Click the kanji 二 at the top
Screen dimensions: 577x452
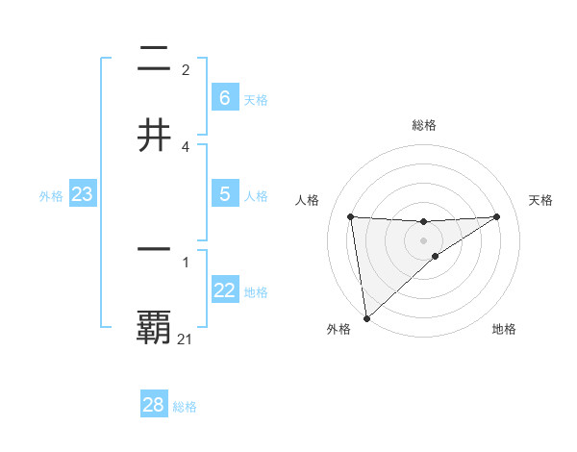tap(154, 59)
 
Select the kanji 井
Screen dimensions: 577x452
tap(154, 135)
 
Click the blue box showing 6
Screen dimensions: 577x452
tap(224, 97)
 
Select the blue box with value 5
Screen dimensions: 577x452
tap(224, 193)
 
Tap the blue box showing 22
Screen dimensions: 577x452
tap(224, 290)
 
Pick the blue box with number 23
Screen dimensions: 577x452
tap(82, 194)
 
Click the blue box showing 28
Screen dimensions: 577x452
tap(153, 405)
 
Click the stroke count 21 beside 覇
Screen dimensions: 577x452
tap(185, 339)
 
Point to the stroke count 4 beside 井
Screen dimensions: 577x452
tap(185, 146)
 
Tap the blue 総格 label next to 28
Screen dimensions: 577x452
tap(185, 407)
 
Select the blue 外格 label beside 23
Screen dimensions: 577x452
tap(51, 196)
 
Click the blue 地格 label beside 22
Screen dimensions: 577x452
tap(256, 292)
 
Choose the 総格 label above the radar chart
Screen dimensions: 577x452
tap(423, 125)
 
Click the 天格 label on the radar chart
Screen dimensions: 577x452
tap(540, 200)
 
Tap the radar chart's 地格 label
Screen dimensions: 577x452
tap(504, 329)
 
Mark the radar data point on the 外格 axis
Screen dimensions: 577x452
tap(365, 317)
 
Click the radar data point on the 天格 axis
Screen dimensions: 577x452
tap(497, 216)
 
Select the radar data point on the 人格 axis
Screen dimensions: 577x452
tap(351, 216)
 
